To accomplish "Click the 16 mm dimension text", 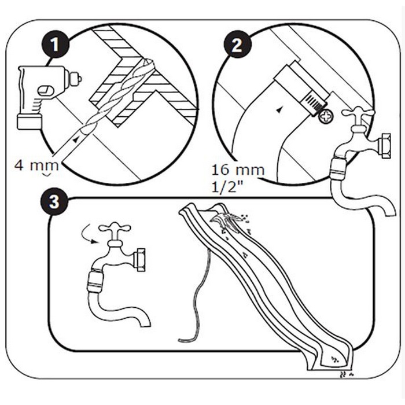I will click(238, 170).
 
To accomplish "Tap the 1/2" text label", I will click(228, 187).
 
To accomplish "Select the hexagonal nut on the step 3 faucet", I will click(140, 259).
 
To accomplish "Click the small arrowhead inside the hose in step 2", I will click(281, 109).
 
